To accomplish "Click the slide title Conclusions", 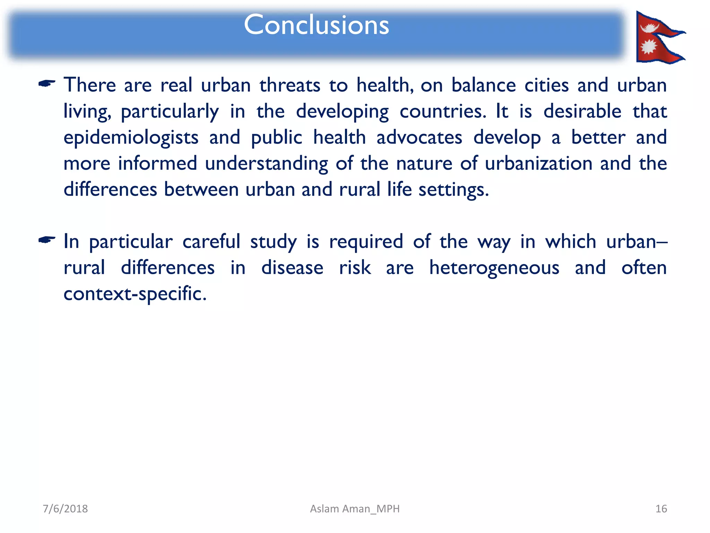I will click(x=316, y=25).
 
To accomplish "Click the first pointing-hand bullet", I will click(x=47, y=84).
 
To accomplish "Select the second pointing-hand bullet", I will click(x=47, y=240).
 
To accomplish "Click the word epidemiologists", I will click(x=131, y=138).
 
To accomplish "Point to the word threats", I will click(x=290, y=85).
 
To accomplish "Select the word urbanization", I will click(x=538, y=163).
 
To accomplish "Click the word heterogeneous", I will click(x=494, y=268).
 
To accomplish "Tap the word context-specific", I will click(x=135, y=294).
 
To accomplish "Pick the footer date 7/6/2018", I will click(x=65, y=509).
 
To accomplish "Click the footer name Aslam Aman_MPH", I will click(x=355, y=509).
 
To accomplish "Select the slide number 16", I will click(x=661, y=509).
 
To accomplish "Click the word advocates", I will click(x=419, y=137).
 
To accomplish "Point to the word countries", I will click(x=443, y=111).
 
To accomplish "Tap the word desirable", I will click(x=582, y=111).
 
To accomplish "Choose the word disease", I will click(x=292, y=268).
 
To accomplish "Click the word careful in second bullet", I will click(x=211, y=242).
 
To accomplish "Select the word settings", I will click(x=453, y=190).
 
